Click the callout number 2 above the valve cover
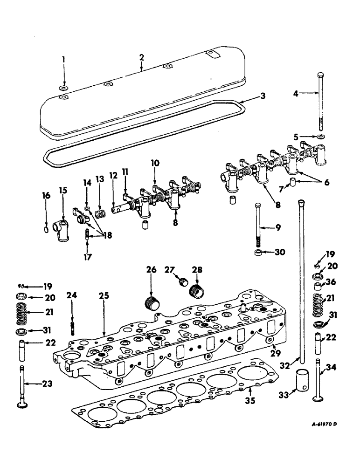point(142,58)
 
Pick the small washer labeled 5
point(320,137)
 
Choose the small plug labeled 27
point(184,282)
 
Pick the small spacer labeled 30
point(258,253)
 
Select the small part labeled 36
point(319,285)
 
